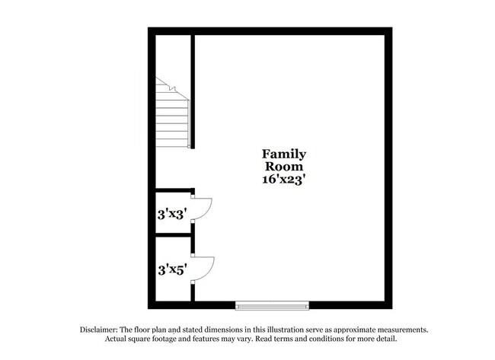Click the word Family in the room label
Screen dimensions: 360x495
[284, 154]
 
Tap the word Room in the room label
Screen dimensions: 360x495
[284, 167]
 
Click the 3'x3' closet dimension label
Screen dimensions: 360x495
[171, 214]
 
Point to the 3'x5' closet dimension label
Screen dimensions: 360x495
[171, 269]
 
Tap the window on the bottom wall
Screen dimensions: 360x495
[272, 305]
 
